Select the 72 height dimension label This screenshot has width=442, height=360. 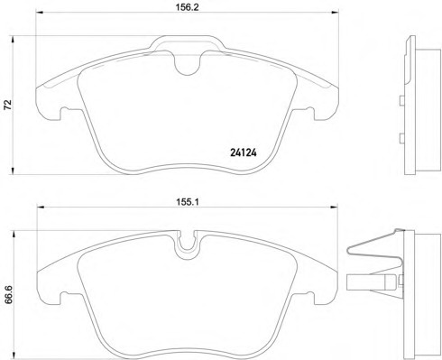click(8, 105)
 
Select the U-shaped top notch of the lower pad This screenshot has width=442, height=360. click(189, 243)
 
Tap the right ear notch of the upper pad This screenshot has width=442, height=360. click(316, 113)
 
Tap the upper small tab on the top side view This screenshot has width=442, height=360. click(400, 102)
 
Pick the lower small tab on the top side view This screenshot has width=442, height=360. click(400, 138)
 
